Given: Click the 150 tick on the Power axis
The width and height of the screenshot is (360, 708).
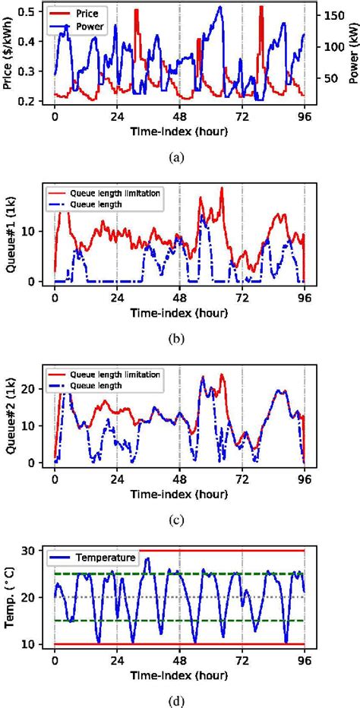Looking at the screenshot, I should pos(330,14).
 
